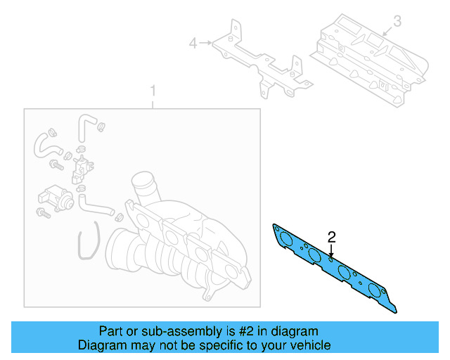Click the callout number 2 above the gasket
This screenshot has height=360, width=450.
(x=332, y=236)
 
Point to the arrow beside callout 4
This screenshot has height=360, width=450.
(x=206, y=44)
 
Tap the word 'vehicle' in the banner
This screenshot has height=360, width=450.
(x=311, y=345)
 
